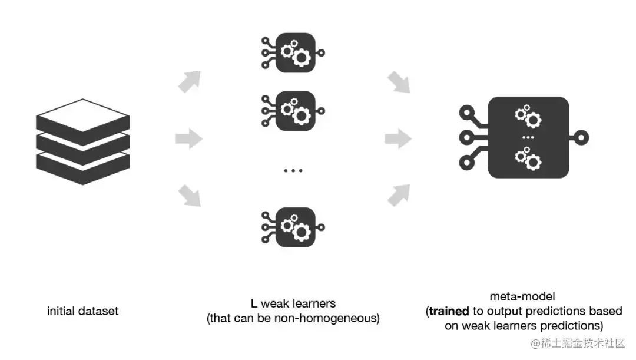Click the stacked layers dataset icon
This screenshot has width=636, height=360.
(82, 141)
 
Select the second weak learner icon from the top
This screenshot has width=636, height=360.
(293, 110)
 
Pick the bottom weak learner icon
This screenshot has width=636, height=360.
(293, 227)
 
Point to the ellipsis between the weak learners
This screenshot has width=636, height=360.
(293, 171)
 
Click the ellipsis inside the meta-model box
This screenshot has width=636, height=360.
(528, 138)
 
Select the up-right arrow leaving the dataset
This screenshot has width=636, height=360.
(190, 82)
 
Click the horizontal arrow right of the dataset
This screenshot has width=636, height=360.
(189, 140)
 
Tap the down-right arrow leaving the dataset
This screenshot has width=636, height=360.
(190, 196)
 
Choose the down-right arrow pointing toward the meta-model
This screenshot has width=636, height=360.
(399, 82)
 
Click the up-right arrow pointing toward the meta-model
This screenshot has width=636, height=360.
(399, 194)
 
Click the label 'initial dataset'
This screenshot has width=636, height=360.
(82, 311)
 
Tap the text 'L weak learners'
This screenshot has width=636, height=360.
(293, 304)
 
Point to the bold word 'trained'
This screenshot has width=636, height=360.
(449, 311)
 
